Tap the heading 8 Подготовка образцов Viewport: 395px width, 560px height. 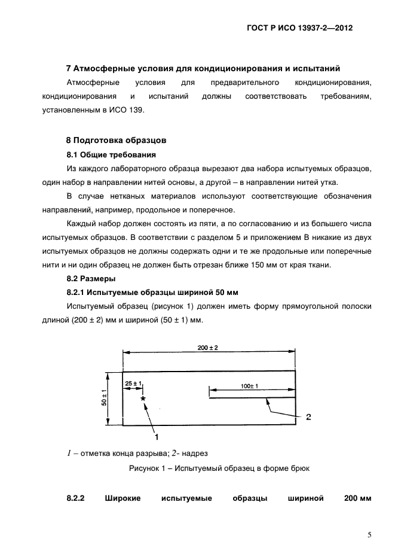click(115, 141)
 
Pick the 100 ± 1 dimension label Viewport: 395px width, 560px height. click(249, 386)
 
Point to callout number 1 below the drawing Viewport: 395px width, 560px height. click(157, 437)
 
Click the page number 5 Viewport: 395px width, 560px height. click(369, 535)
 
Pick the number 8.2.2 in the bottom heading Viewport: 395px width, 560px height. click(77, 498)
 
